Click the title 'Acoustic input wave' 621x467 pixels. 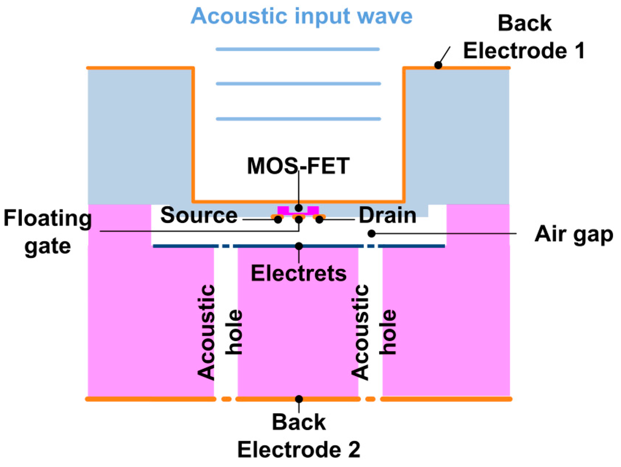[x=301, y=16]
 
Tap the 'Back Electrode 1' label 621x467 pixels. [x=524, y=38]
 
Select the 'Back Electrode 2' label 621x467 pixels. [x=298, y=436]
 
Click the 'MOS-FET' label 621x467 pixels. [x=298, y=166]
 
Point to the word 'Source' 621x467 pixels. [x=199, y=215]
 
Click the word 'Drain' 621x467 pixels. [x=388, y=215]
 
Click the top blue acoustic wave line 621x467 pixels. [x=298, y=48]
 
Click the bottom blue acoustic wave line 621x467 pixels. [x=298, y=119]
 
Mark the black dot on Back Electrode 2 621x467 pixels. [x=298, y=399]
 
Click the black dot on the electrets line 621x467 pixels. [x=298, y=246]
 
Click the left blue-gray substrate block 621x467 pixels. [x=139, y=133]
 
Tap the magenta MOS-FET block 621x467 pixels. [x=283, y=210]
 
